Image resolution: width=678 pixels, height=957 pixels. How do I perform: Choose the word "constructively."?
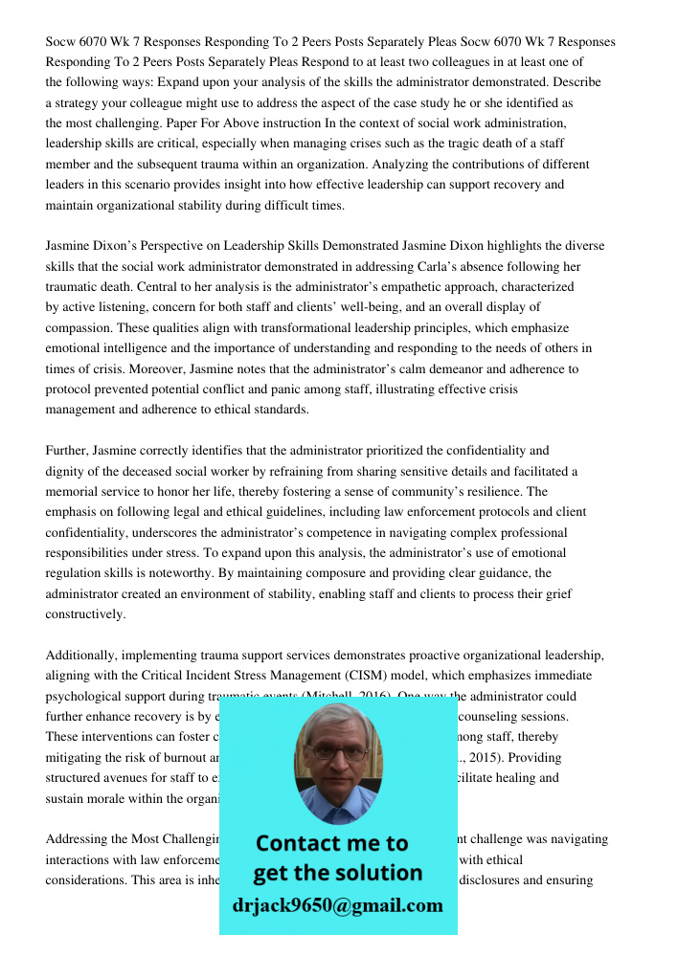(x=85, y=613)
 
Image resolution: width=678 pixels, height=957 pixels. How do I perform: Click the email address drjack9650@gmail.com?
(x=337, y=905)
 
